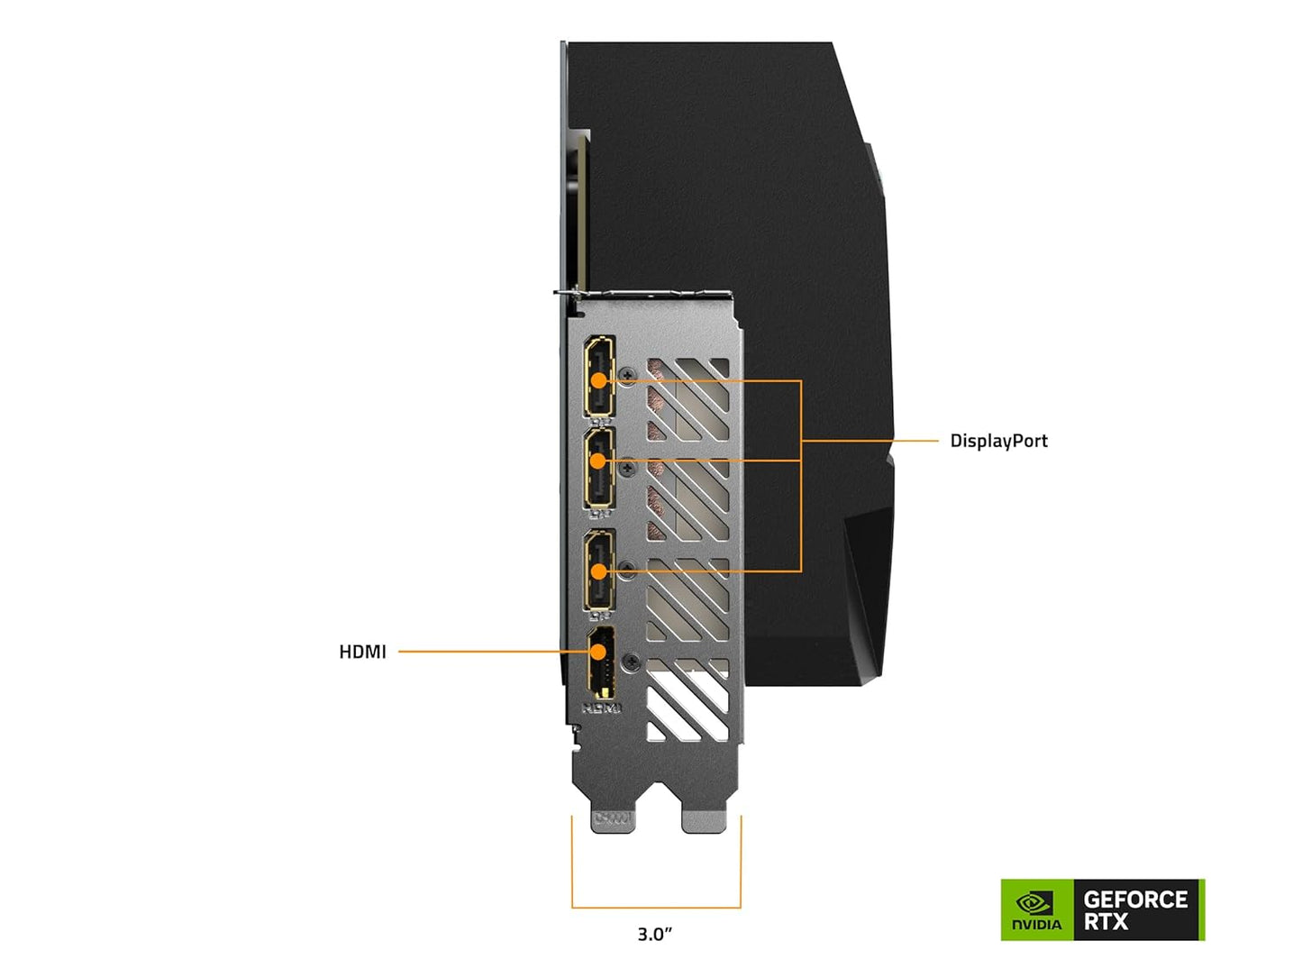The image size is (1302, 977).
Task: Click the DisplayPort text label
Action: (x=998, y=441)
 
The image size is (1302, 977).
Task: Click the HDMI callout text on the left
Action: (x=362, y=652)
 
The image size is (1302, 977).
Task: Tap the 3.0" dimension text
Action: (x=655, y=935)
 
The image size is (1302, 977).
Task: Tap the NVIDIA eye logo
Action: (x=1035, y=902)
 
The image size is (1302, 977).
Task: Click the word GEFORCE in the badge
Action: (x=1135, y=899)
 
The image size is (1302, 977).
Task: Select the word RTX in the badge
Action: (x=1106, y=922)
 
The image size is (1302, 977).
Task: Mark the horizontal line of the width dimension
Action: (x=656, y=908)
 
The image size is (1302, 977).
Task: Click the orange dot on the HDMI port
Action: (x=597, y=652)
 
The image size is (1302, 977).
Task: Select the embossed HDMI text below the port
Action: (x=601, y=708)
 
